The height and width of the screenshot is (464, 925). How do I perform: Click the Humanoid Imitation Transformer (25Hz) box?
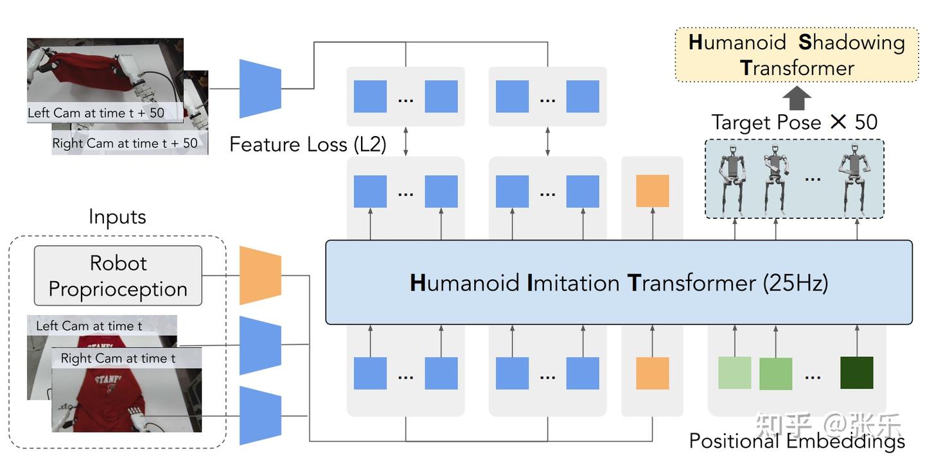(x=619, y=282)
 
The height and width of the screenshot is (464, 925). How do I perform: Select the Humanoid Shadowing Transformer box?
(x=797, y=55)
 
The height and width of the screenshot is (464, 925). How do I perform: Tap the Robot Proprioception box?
(x=118, y=276)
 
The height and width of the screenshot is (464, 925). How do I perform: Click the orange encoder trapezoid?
(x=260, y=275)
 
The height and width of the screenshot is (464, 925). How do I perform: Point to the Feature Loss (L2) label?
(x=308, y=144)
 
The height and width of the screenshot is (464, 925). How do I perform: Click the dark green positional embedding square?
(x=856, y=373)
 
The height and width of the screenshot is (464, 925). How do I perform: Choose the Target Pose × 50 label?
(x=794, y=122)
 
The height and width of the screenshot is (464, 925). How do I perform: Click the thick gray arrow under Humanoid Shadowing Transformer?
(x=797, y=98)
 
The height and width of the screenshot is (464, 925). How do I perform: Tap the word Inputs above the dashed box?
(x=117, y=217)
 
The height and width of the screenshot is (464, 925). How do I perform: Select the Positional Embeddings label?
(x=797, y=442)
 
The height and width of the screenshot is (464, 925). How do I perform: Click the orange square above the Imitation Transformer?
(x=652, y=191)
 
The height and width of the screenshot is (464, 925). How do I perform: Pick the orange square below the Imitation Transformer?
(x=652, y=373)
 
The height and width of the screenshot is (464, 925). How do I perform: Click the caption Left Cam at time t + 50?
(x=96, y=113)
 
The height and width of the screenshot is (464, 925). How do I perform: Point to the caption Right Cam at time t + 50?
(x=125, y=143)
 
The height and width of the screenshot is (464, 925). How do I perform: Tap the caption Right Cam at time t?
(x=118, y=358)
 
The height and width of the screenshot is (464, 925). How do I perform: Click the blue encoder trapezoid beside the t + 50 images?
(x=260, y=89)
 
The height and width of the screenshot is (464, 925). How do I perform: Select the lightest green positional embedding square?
(x=734, y=373)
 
